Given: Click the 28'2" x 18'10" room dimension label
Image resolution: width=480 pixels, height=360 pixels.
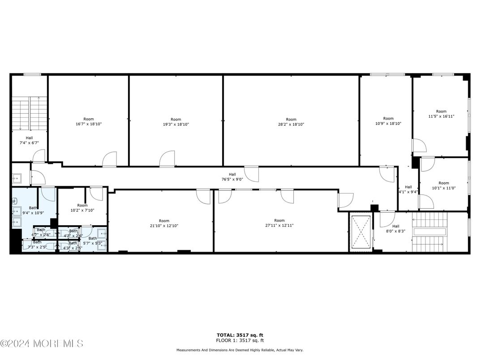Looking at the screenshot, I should click(291, 122).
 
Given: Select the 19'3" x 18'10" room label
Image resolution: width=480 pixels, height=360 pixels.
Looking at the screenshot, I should click(176, 122).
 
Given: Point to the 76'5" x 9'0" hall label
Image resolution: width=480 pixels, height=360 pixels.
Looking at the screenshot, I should click(232, 177).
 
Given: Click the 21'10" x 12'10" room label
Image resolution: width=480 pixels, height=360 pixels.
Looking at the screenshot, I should click(164, 223).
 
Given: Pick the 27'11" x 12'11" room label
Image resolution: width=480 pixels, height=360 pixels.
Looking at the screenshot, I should click(279, 223).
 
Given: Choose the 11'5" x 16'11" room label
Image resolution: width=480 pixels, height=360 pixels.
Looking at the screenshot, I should click(441, 114).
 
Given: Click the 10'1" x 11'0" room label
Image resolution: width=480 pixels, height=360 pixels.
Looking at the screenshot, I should click(444, 185).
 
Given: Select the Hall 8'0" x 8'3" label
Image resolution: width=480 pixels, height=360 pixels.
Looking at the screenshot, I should click(396, 229).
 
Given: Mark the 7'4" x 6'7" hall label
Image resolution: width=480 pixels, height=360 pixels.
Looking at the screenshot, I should click(29, 141).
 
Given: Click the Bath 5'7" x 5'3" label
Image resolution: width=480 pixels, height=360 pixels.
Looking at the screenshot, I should click(93, 241).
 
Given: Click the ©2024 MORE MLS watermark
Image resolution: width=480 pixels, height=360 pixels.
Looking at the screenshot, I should click(42, 344).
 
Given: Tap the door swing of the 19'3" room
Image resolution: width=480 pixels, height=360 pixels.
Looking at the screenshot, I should click(167, 159).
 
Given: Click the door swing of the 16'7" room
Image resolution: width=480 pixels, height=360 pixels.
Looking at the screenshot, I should click(110, 159).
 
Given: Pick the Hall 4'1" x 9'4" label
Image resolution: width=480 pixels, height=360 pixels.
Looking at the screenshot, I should click(408, 189).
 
